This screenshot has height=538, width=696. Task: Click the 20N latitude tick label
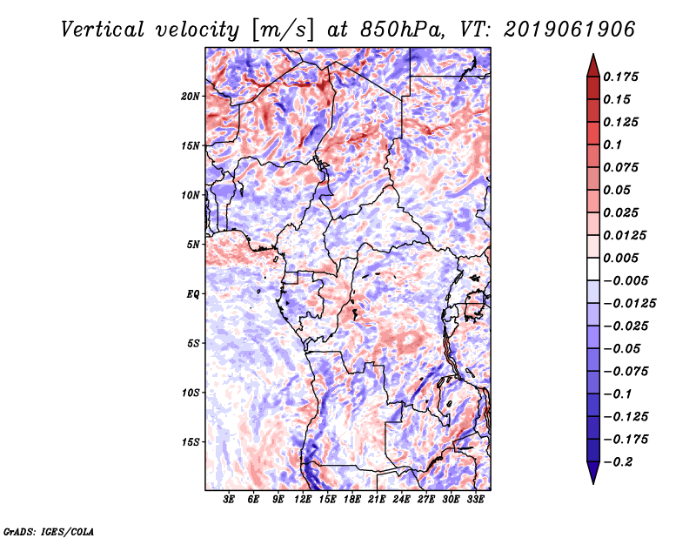[191, 96]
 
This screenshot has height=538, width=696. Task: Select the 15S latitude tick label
[191, 441]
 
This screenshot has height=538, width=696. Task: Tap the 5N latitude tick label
[193, 244]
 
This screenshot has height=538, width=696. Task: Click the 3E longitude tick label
[230, 500]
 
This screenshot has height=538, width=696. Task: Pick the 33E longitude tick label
[475, 500]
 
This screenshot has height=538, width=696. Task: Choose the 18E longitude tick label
[352, 500]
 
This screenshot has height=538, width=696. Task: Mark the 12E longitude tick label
[303, 500]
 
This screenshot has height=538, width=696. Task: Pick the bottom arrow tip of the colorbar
[592, 481]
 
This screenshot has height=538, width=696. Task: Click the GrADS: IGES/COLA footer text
[48, 529]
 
